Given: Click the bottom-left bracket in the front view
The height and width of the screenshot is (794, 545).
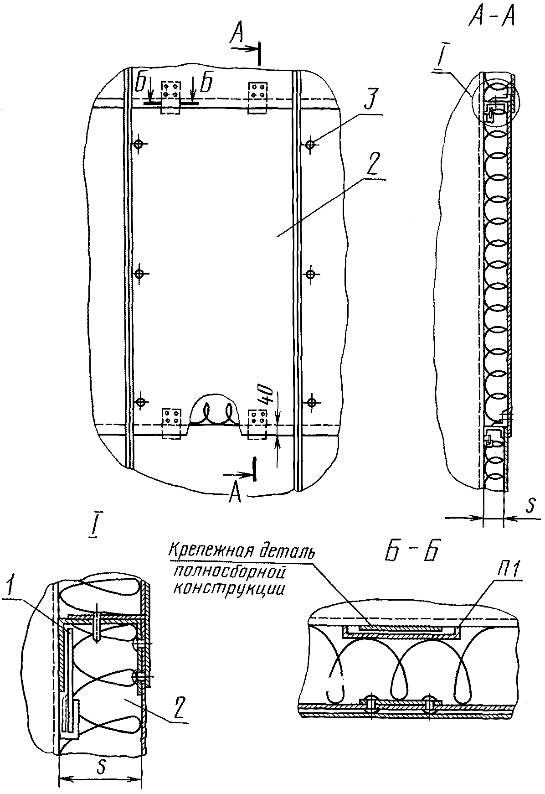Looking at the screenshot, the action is pos(173,424).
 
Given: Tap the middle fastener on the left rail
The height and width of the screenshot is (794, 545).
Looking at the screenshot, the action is pos(139,274).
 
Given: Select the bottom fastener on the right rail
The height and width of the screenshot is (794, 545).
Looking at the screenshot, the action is pos(311,402).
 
